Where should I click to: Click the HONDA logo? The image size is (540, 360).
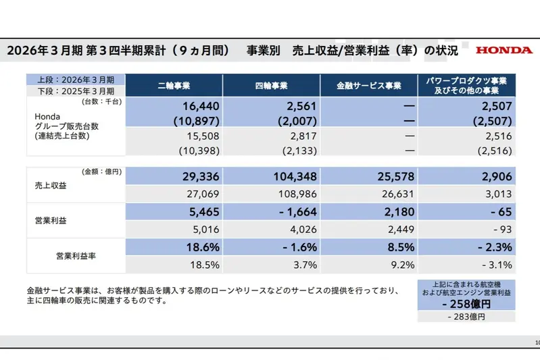point(503,50)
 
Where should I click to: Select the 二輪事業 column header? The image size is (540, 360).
point(174,86)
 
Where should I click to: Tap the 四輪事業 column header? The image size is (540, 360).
point(272,86)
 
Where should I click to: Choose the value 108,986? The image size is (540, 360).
point(299,194)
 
